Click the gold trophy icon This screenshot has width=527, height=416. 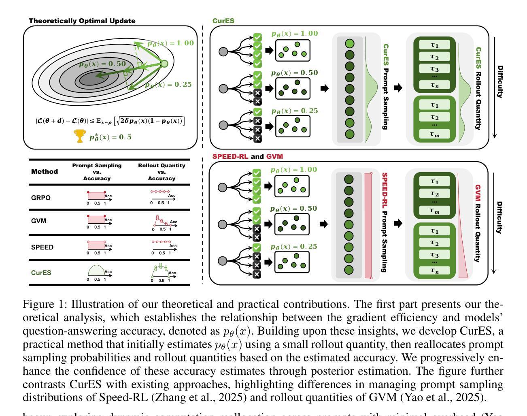(81, 136)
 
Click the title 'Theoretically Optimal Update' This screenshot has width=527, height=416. (82, 21)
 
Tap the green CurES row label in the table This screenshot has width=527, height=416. (41, 273)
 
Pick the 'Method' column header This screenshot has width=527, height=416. (45, 171)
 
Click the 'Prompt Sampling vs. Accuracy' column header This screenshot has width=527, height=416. (97, 172)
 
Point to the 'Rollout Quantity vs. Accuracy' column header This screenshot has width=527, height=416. (161, 172)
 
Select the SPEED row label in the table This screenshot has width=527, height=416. (42, 247)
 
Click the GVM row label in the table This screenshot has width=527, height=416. (38, 221)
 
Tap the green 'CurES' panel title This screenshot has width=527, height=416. (223, 21)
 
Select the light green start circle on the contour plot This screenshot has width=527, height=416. (164, 63)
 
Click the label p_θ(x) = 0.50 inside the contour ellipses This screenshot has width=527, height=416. (102, 64)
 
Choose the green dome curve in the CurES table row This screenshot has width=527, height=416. (96, 270)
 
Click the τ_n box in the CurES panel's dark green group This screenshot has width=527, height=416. (434, 85)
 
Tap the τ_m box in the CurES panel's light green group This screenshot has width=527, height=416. (434, 134)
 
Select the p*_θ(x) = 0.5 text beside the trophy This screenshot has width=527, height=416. (110, 137)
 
